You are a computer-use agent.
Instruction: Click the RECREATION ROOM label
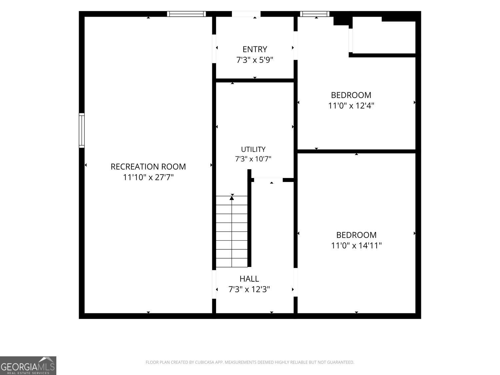click(148, 167)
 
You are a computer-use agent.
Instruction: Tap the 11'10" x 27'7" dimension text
click(148, 177)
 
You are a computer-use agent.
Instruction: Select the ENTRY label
click(255, 49)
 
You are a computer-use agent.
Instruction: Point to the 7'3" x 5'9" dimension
click(255, 60)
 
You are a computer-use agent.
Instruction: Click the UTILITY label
click(253, 149)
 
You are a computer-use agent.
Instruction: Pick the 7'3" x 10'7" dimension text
click(253, 159)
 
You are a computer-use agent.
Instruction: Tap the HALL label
click(249, 279)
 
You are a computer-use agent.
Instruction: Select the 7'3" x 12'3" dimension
click(249, 289)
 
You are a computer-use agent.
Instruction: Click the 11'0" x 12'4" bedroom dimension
click(351, 106)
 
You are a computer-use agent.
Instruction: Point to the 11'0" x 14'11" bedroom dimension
click(356, 245)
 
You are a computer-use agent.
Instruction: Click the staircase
click(232, 231)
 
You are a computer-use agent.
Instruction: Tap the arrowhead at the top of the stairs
click(232, 198)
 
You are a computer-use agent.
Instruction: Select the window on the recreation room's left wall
click(82, 130)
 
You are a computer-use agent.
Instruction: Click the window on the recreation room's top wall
click(186, 14)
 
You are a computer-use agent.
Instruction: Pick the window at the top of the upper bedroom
click(315, 14)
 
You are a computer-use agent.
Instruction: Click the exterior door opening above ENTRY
click(246, 14)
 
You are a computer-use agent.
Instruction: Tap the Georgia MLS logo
click(28, 366)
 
